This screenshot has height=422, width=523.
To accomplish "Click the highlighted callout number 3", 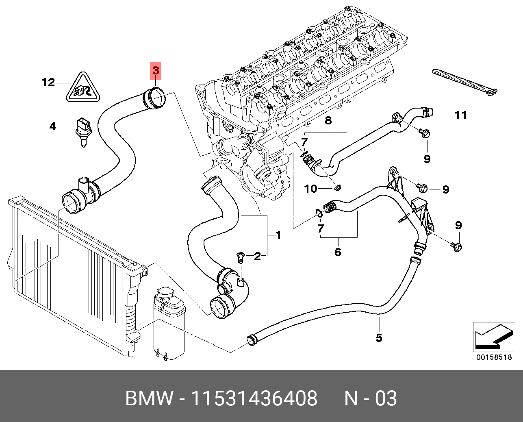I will tap(156, 71).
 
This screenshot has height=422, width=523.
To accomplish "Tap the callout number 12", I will tap(48, 83).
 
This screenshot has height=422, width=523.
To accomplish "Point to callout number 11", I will tap(460, 115).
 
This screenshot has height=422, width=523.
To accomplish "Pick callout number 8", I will tap(328, 120).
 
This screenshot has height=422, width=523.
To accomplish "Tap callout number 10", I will tap(310, 189).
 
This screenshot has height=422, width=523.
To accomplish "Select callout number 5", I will tap(379, 337).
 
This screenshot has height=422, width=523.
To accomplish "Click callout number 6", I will tap(338, 252).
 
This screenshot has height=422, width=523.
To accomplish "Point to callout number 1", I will tap(278, 235).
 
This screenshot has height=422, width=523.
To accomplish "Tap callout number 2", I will tap(257, 256).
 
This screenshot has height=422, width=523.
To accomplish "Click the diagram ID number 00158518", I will tap(494, 358).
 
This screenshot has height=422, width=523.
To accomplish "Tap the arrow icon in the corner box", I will tap(493, 337).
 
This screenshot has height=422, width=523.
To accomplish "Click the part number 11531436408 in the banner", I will tap(254, 398).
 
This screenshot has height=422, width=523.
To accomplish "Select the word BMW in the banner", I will tap(149, 398).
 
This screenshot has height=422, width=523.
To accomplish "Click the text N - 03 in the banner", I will tap(370, 398).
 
